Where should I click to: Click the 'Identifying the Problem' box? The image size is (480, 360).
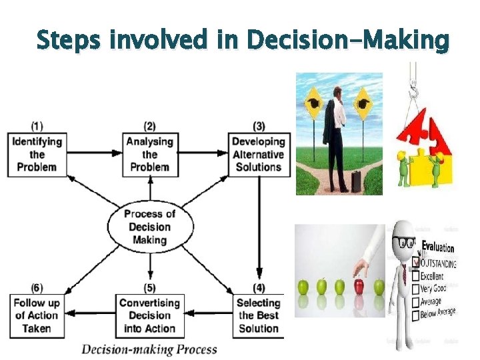click(37, 154)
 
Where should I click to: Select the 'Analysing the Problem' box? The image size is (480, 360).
click(150, 154)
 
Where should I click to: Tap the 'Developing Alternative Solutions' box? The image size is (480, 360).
click(258, 154)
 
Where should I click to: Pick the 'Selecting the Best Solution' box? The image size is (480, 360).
click(258, 315)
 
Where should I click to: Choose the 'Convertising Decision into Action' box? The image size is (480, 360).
click(150, 315)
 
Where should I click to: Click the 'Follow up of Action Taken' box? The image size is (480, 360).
click(37, 315)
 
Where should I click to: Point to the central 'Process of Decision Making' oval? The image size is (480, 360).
click(150, 227)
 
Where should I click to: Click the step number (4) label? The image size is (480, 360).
click(258, 288)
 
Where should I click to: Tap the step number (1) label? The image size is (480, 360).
click(37, 125)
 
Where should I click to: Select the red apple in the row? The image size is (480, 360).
click(360, 287)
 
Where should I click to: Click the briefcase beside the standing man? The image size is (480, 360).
click(357, 180)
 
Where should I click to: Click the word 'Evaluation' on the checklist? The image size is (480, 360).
click(437, 248)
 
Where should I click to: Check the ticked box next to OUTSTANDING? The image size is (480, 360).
click(416, 262)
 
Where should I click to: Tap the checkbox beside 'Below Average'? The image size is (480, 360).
click(415, 316)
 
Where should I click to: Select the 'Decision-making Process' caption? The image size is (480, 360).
click(149, 349)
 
